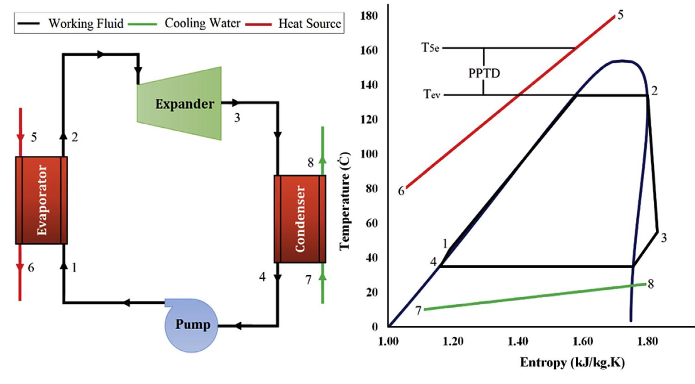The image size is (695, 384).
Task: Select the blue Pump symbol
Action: click(x=191, y=325)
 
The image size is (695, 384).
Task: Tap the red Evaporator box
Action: click(x=42, y=200)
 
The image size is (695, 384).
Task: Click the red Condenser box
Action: click(x=300, y=219)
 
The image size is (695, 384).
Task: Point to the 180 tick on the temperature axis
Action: click(x=369, y=16)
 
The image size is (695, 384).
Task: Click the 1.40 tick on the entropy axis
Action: click(x=518, y=342)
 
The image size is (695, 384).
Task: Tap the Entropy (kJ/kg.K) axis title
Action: click(x=572, y=362)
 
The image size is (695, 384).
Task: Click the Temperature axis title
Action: click(x=345, y=201)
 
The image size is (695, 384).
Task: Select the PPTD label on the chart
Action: click(x=484, y=73)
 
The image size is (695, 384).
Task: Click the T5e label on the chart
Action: click(x=430, y=48)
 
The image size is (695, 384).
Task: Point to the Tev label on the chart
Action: click(x=432, y=95)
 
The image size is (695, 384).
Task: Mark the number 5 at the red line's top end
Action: click(x=620, y=15)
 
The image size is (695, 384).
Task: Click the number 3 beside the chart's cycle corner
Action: click(x=664, y=238)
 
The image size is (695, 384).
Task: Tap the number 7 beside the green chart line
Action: click(x=418, y=311)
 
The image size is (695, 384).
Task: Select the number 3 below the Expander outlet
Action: click(x=237, y=118)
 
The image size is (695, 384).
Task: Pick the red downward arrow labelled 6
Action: click(x=20, y=268)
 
